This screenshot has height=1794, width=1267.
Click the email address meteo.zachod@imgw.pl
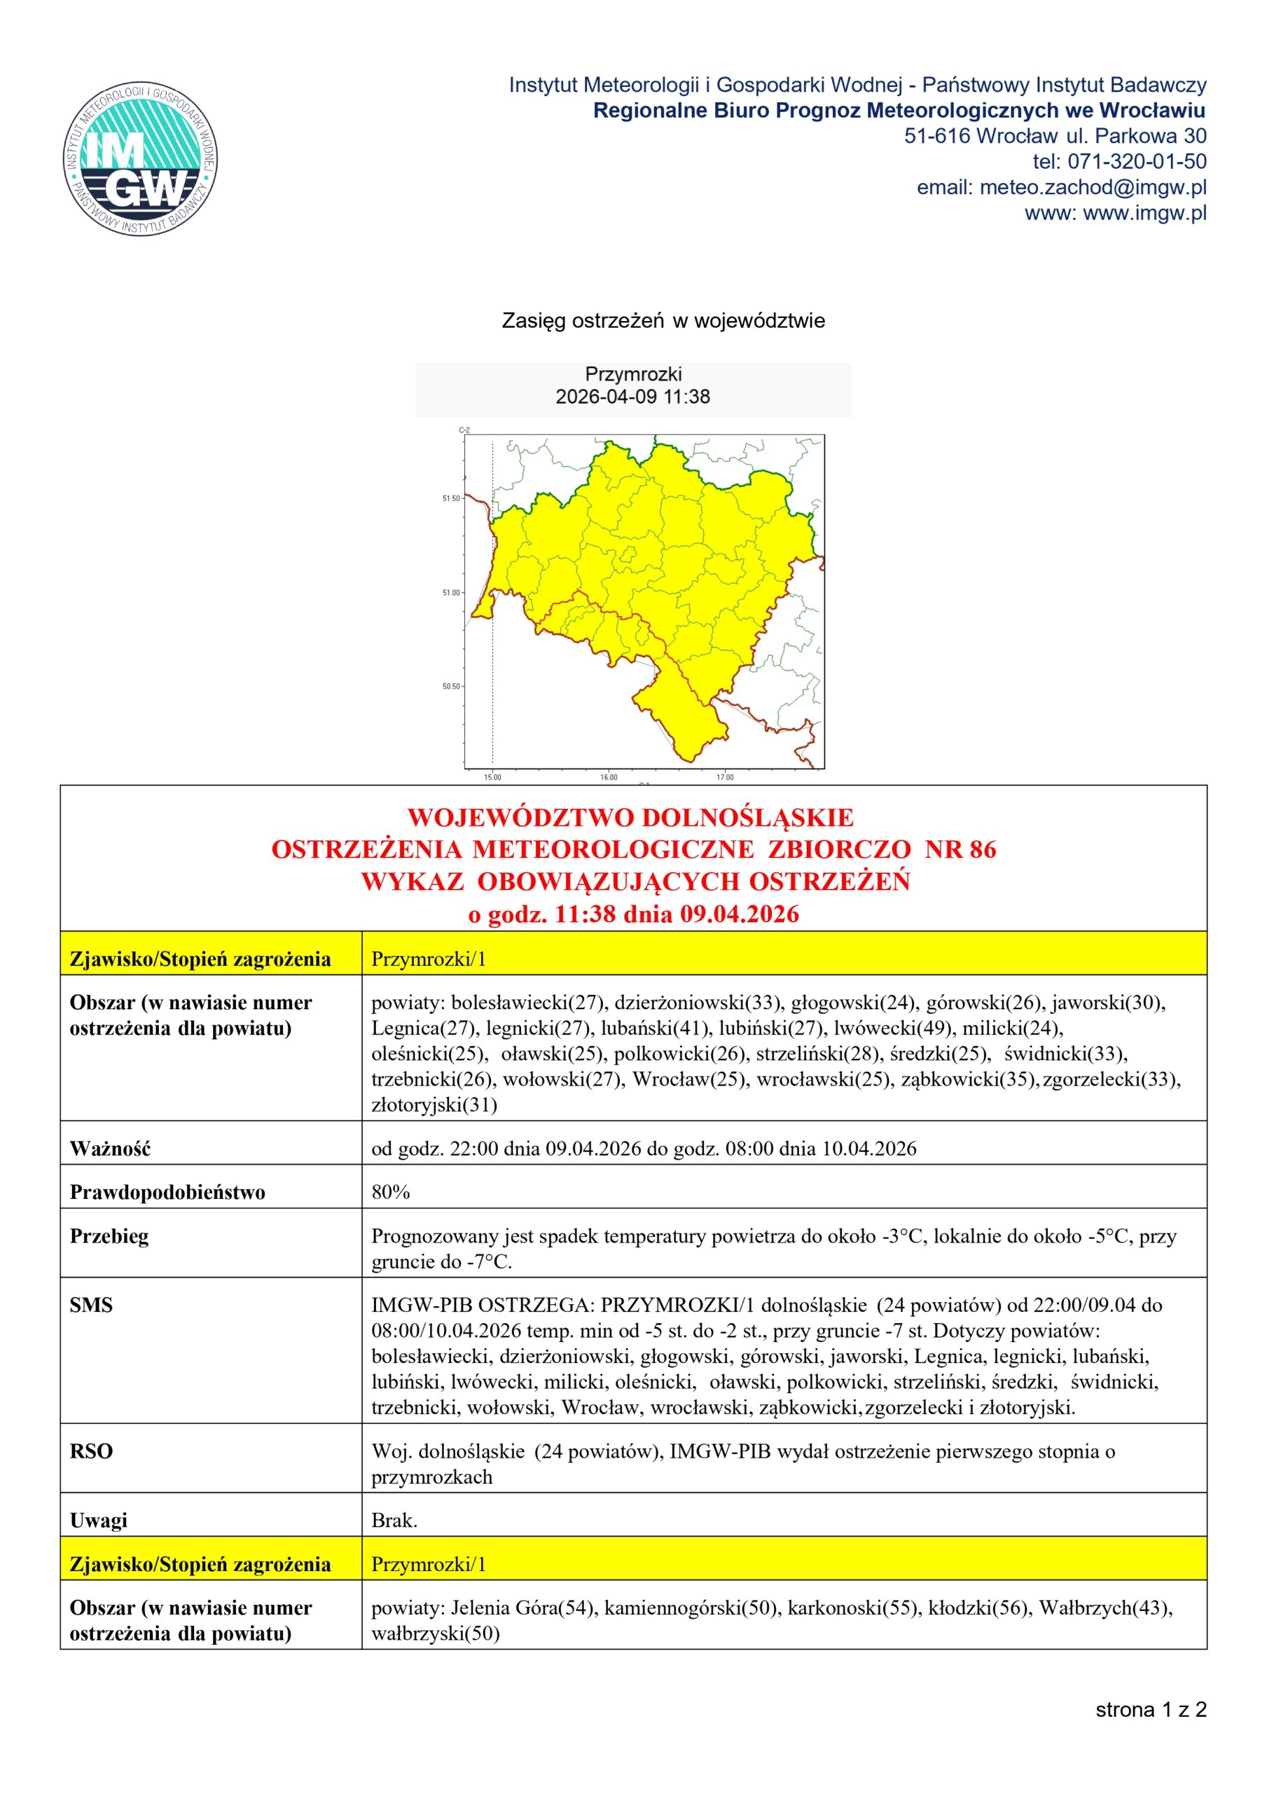click(x=1092, y=188)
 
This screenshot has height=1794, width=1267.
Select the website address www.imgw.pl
click(x=1144, y=212)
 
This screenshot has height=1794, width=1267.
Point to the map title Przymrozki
click(x=632, y=374)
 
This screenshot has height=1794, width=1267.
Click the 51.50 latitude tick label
click(x=451, y=498)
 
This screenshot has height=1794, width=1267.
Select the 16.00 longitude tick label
click(x=609, y=777)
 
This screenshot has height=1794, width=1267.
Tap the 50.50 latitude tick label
click(x=451, y=687)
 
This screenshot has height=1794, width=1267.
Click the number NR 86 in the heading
click(x=960, y=849)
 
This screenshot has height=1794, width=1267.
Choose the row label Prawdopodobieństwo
click(x=167, y=1192)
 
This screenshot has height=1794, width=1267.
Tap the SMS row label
click(x=90, y=1305)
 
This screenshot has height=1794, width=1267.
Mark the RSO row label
click(x=90, y=1452)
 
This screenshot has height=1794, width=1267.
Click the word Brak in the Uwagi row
click(x=393, y=1521)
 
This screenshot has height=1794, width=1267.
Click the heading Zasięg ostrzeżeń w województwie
click(x=663, y=321)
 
